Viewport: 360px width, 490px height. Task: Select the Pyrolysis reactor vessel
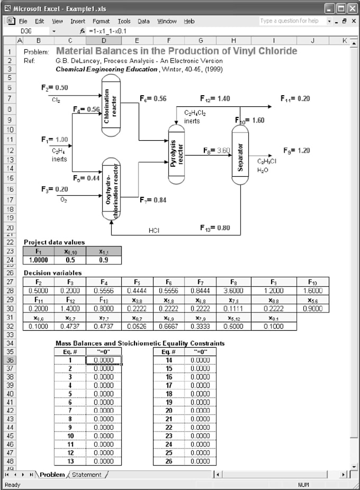pos(176,153)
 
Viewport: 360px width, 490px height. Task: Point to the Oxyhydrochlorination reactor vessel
pos(111,189)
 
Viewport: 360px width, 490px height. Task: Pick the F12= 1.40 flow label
pos(215,98)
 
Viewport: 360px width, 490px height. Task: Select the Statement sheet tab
pos(87,475)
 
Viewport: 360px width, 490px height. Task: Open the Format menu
pos(101,21)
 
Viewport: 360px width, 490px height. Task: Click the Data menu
pos(143,21)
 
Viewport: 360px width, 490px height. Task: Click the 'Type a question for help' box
pos(290,21)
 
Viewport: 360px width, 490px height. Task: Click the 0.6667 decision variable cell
pos(168,325)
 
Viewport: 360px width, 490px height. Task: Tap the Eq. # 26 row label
pos(169,461)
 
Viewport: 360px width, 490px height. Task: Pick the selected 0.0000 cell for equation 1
pos(103,360)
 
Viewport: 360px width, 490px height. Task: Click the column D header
pos(103,41)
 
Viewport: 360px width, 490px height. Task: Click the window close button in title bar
pos(352,8)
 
